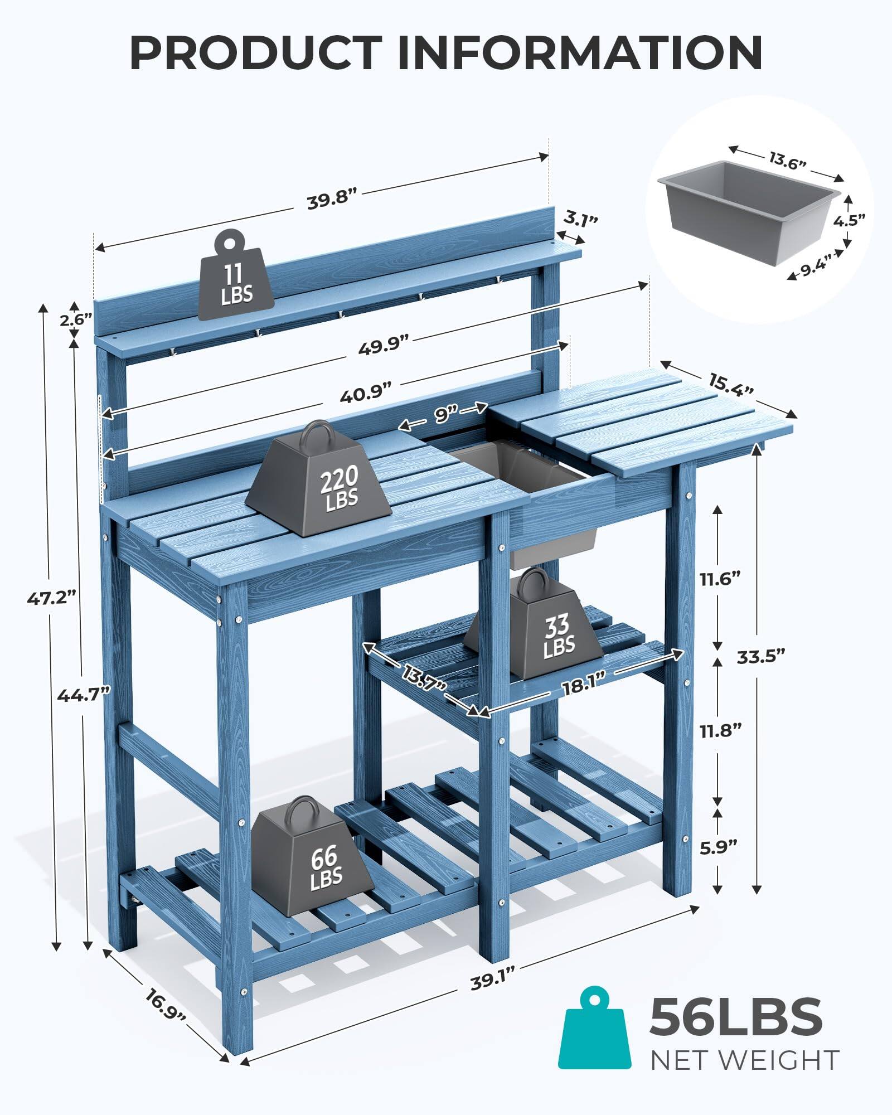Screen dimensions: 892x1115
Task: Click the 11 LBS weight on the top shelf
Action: (236, 278)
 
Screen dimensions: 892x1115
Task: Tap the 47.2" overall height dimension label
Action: (51, 599)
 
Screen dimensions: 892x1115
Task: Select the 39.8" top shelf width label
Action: (331, 200)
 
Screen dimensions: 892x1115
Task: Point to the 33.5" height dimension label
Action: (761, 656)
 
